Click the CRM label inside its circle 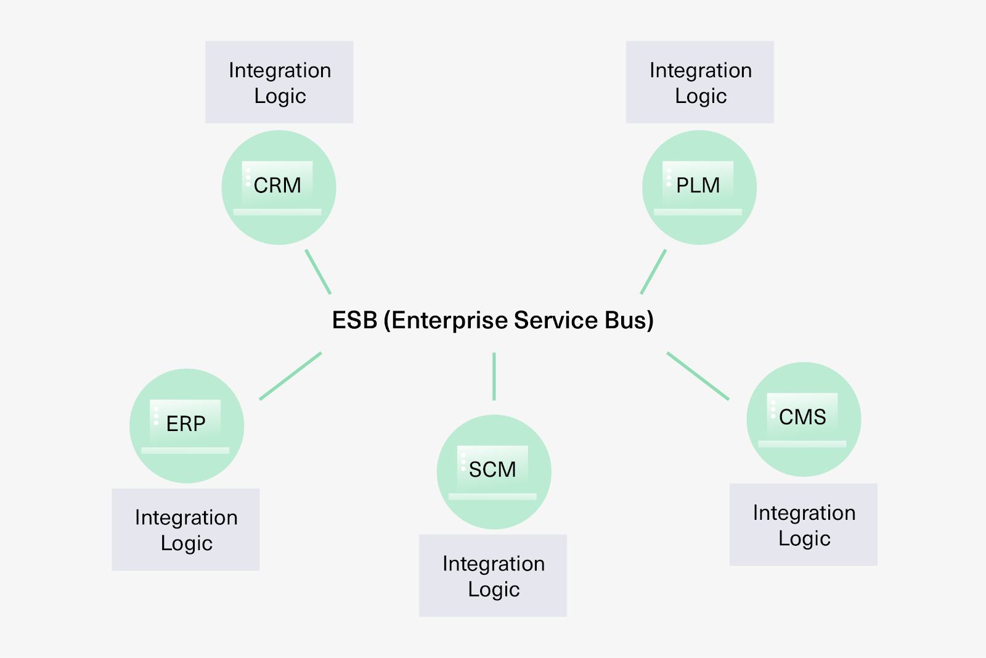(277, 185)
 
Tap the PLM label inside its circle (698, 185)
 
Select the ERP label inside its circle (185, 424)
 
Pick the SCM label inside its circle (492, 470)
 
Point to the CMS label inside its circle (802, 417)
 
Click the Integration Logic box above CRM (279, 82)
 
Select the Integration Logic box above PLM (700, 82)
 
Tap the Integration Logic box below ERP (185, 530)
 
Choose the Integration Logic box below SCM (493, 575)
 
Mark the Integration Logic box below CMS (804, 525)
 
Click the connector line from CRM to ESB (318, 271)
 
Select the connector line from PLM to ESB (653, 271)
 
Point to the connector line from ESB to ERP (290, 376)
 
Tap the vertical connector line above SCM (494, 376)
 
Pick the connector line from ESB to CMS (698, 376)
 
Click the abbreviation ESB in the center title (354, 321)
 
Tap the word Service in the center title (556, 321)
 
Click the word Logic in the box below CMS (804, 538)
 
